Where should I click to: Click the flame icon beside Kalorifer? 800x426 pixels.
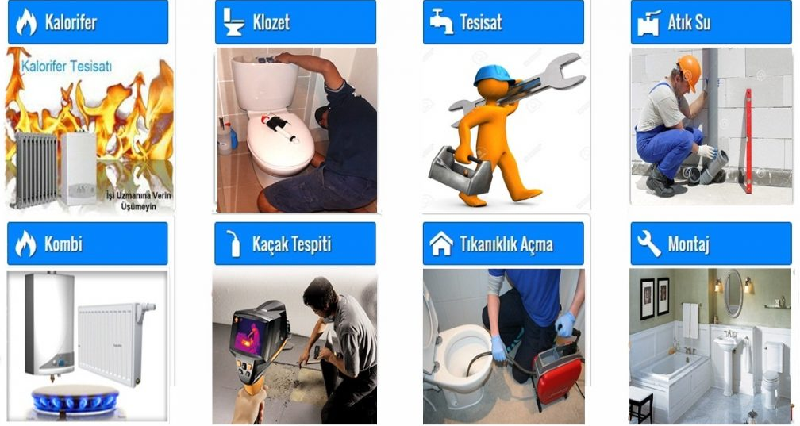(x=26, y=22)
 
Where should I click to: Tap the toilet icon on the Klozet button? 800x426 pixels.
(x=233, y=22)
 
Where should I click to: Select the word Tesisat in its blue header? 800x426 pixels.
(x=481, y=22)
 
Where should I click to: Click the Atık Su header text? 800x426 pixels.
(x=689, y=22)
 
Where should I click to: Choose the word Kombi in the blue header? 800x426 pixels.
(x=63, y=244)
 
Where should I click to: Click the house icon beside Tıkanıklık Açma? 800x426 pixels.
(x=441, y=244)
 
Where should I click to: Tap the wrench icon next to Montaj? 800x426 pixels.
(x=648, y=244)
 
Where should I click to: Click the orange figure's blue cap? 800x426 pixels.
(x=494, y=75)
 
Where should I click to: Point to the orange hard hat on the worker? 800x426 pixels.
(x=690, y=71)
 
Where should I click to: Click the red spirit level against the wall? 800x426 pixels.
(x=748, y=140)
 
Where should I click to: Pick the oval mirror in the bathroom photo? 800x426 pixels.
(x=733, y=294)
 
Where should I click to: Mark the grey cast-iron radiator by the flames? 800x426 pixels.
(x=37, y=170)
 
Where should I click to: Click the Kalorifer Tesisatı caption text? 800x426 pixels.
(x=67, y=66)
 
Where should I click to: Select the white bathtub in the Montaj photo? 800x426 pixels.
(x=670, y=372)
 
